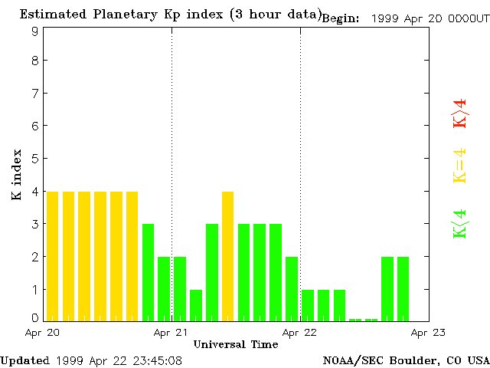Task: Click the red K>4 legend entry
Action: coord(460,113)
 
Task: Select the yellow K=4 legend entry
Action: coord(460,166)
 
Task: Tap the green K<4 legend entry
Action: coord(460,224)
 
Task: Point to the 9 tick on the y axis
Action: coord(35,31)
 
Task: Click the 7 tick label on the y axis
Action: coord(35,93)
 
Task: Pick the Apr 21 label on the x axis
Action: coord(171,333)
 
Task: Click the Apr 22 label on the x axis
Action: coord(300,333)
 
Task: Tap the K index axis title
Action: coord(17,176)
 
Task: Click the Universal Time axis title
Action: coord(236,344)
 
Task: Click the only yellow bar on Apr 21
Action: coord(228,256)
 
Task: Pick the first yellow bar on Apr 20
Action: coord(53,256)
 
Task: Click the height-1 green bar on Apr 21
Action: coord(196,304)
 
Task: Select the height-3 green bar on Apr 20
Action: coord(149,272)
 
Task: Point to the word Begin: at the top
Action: coord(341,18)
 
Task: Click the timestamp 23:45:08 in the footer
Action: coord(156,360)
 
